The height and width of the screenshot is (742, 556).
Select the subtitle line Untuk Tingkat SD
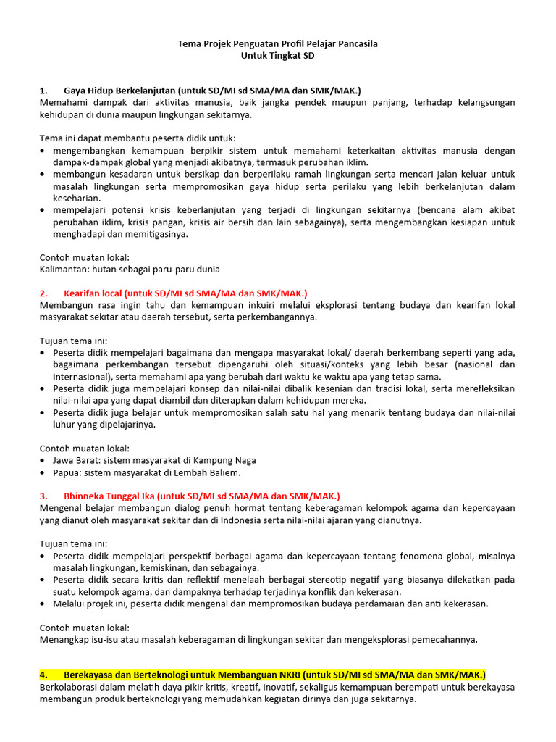pyautogui.click(x=278, y=56)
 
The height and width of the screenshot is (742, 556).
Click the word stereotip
pyautogui.click(x=355, y=579)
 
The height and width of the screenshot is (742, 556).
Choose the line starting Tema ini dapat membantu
pyautogui.click(x=137, y=138)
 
